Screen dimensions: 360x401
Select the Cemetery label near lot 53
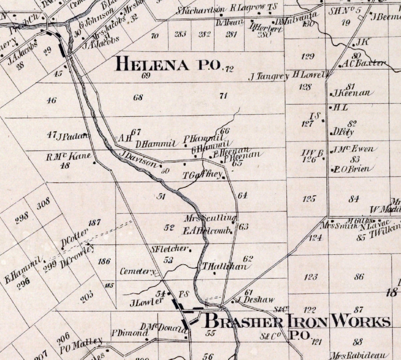click(137, 272)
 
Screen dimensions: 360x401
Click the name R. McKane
click(68, 156)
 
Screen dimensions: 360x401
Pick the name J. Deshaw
click(255, 300)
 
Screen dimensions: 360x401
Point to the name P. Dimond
click(129, 333)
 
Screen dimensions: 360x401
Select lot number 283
click(180, 34)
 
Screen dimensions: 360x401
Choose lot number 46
click(52, 100)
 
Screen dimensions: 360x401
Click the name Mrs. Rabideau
click(359, 355)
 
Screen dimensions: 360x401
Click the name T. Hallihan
click(224, 266)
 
